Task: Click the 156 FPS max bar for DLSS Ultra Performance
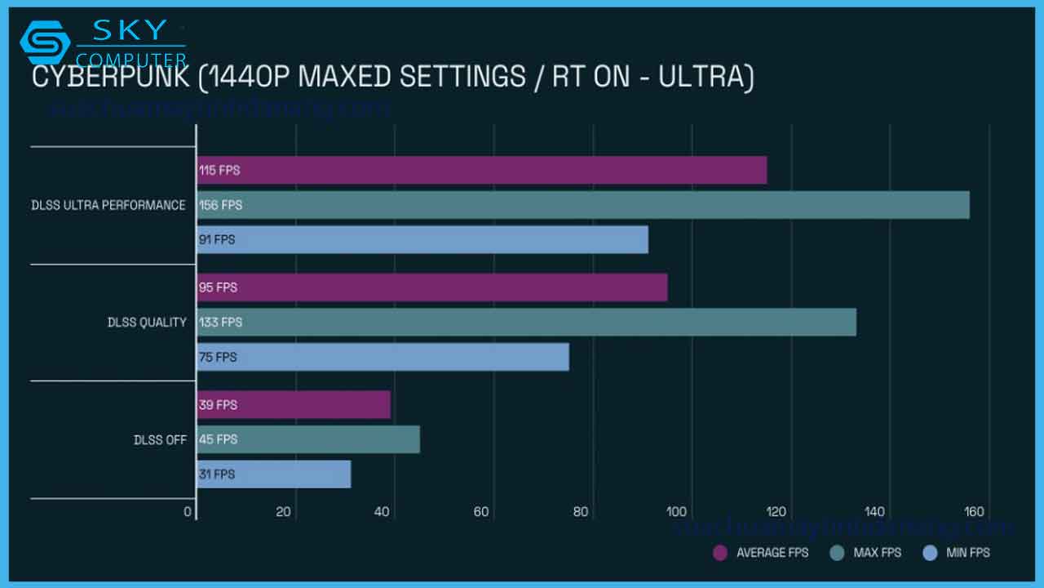582,205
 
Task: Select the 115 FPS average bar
481,171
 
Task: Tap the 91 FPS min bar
422,240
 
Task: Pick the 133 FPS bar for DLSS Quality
526,323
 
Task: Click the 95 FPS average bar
431,287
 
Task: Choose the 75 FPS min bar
383,357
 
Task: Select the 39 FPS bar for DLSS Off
293,405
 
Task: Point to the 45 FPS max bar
307,439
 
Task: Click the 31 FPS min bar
273,474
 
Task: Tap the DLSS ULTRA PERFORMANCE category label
108,205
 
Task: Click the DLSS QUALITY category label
147,323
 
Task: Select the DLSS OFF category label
160,439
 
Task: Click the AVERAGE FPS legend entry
760,553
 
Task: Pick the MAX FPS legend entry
865,553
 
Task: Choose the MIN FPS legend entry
956,553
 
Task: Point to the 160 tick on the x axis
973,512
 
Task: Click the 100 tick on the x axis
676,512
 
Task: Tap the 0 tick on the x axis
188,512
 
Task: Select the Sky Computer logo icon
44,42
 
